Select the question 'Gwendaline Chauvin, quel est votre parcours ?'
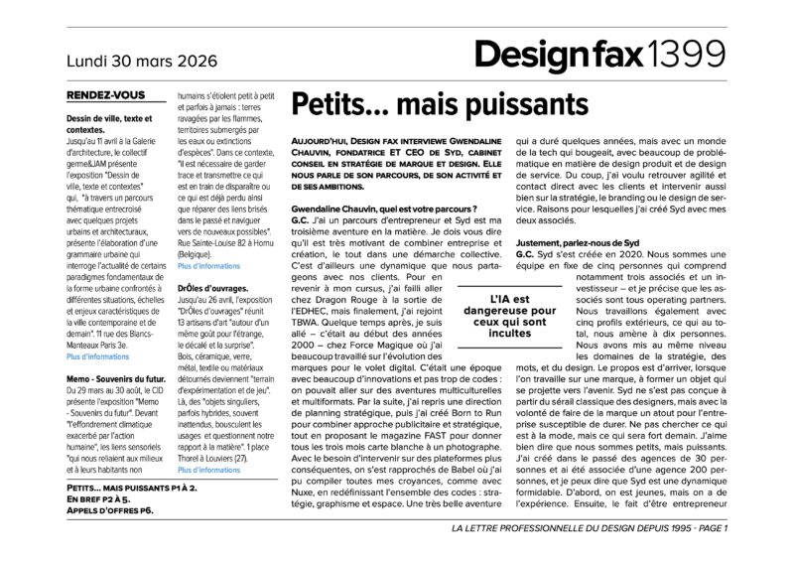click(384, 208)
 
